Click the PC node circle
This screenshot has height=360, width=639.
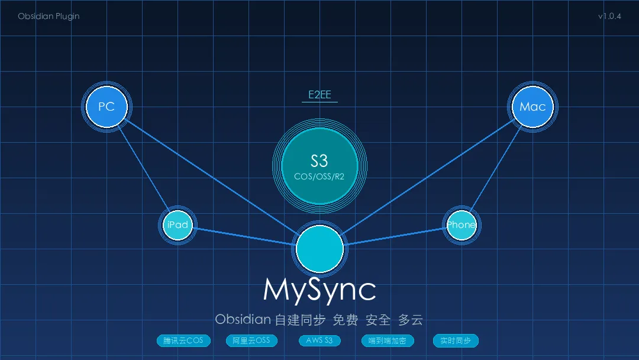click(106, 107)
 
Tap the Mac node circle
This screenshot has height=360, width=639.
click(532, 107)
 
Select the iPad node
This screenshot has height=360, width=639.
click(178, 225)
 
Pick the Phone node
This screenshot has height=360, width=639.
click(461, 225)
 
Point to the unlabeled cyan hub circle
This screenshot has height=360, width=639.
click(319, 249)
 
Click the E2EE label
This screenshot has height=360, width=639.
click(319, 95)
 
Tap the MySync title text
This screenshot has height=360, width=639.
click(319, 290)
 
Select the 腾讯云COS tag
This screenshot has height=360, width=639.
click(183, 341)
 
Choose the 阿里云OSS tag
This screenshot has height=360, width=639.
click(251, 341)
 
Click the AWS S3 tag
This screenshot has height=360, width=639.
click(319, 341)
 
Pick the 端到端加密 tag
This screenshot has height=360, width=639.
click(388, 341)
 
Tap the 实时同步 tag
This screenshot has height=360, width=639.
click(456, 341)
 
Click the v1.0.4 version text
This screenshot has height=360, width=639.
click(609, 17)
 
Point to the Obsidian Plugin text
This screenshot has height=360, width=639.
click(49, 17)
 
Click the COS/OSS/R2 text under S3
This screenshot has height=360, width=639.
click(319, 176)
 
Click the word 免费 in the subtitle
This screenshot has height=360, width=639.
click(346, 320)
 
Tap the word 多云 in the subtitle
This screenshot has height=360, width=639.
click(411, 320)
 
